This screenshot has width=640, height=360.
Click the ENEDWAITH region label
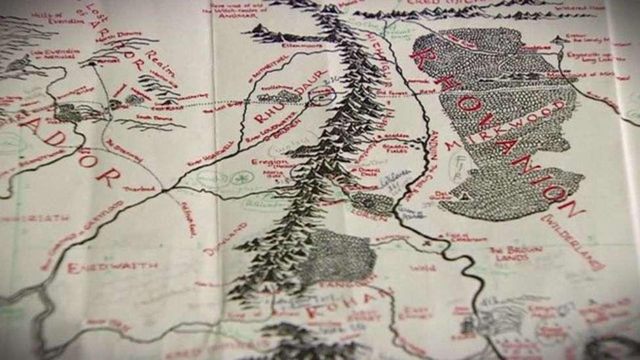pyautogui.click(x=112, y=267)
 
